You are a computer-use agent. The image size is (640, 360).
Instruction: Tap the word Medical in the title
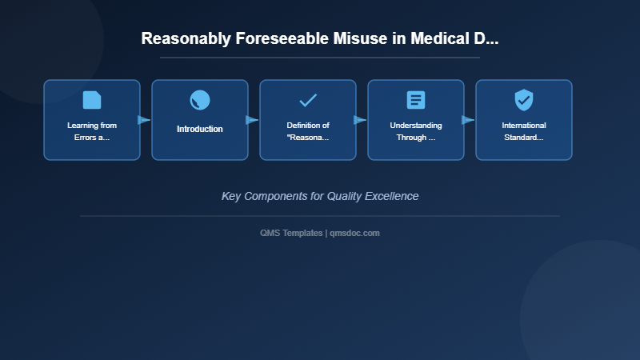coord(440,38)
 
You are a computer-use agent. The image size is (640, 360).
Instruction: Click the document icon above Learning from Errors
coord(92,100)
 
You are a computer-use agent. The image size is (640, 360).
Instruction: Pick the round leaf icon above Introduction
coord(200,100)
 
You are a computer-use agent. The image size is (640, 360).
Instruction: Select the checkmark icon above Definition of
coord(308,100)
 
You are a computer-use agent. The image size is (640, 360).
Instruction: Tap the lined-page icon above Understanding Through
coord(416,100)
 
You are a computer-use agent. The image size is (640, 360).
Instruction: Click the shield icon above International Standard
coord(524,100)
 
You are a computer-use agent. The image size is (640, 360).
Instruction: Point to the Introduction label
coord(200,129)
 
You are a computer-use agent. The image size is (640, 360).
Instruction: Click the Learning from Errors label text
coord(92,131)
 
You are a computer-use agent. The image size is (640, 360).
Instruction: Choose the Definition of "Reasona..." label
coord(308,131)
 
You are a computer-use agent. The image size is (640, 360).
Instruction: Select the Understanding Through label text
coord(416,131)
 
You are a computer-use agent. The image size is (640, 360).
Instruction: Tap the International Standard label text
coord(524,131)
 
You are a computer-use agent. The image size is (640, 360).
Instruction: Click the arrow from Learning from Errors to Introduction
coord(144,120)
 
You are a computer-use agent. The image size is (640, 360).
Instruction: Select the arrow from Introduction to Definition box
coord(252,120)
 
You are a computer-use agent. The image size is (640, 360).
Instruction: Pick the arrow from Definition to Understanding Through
coord(360,120)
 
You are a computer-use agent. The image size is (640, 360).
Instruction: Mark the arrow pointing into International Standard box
coord(468,120)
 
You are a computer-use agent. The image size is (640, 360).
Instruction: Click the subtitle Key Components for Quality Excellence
coord(320,196)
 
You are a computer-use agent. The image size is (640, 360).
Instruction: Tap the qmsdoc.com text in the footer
coord(354,233)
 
